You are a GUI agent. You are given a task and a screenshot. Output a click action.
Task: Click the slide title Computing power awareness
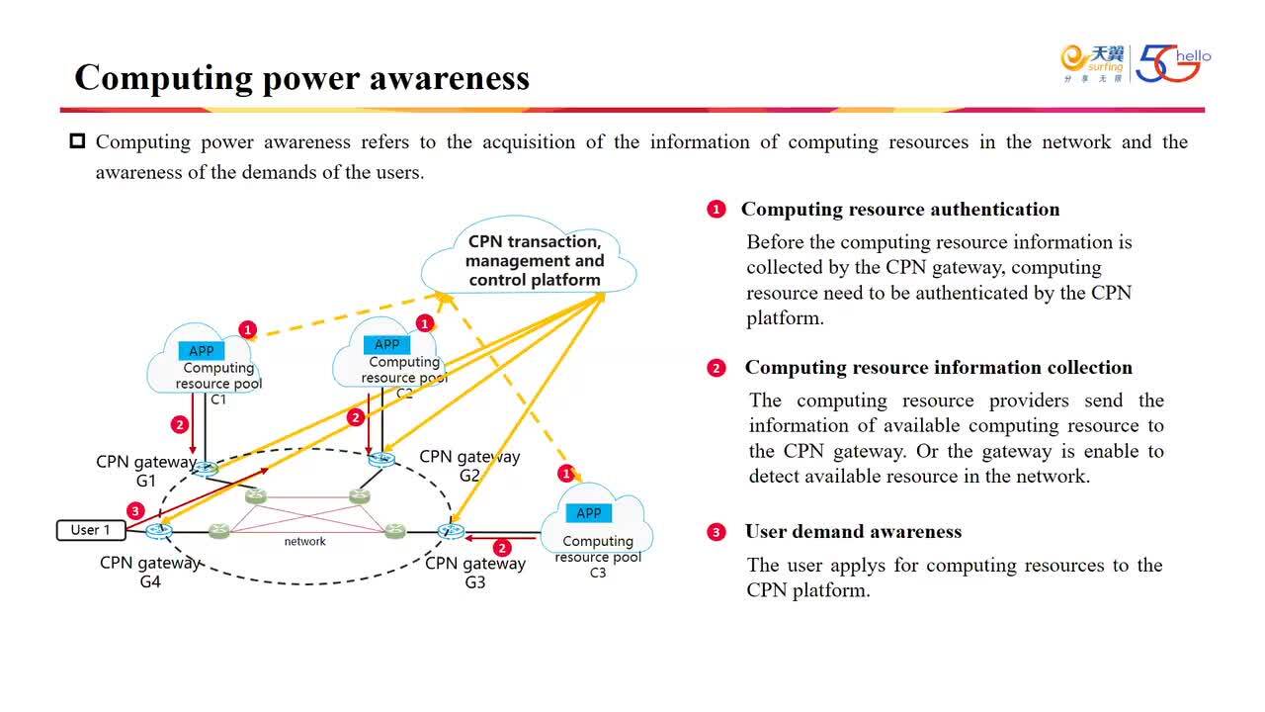click(301, 77)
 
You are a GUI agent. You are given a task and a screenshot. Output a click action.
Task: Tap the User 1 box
click(90, 530)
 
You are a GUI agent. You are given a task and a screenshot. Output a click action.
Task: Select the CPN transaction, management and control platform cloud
click(534, 260)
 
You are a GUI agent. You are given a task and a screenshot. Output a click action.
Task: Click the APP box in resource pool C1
click(202, 351)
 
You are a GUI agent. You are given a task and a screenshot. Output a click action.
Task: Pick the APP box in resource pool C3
click(588, 513)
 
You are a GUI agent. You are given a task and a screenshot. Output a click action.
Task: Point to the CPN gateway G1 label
click(146, 471)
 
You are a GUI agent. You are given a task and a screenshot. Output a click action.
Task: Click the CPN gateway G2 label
click(469, 466)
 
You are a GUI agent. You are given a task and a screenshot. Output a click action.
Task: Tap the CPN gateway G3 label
click(475, 573)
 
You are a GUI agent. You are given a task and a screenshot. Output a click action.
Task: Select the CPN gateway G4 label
click(150, 573)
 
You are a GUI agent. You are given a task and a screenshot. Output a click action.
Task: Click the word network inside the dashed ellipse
click(305, 541)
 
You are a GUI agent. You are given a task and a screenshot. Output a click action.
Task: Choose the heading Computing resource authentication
click(899, 210)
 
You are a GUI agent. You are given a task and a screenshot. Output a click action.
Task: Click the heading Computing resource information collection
click(938, 368)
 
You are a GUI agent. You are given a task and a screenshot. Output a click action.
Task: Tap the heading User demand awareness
click(853, 532)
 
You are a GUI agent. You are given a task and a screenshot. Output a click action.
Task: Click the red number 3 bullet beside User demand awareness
click(717, 533)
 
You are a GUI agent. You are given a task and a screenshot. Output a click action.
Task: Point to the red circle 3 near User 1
click(136, 510)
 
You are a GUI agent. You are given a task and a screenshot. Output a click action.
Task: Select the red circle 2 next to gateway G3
click(502, 548)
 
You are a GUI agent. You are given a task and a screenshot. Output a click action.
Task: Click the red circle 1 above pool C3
click(566, 474)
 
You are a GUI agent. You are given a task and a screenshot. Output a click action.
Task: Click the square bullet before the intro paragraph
click(77, 141)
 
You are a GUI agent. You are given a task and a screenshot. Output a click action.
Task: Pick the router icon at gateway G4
click(159, 532)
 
